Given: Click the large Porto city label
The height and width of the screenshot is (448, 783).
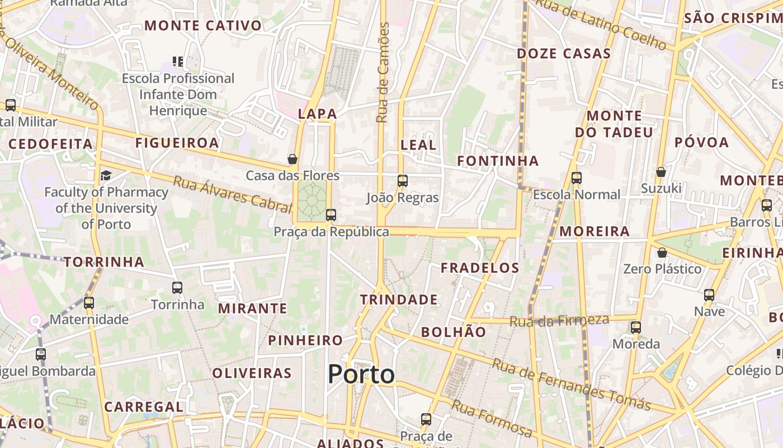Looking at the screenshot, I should [x=361, y=374].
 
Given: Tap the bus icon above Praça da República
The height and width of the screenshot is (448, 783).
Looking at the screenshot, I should [x=331, y=214].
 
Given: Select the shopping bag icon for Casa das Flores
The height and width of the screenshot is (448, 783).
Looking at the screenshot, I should [x=292, y=160].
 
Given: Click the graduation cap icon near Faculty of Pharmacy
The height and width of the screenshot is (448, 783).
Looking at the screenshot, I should [x=106, y=176].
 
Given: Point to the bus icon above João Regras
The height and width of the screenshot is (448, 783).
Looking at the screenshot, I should [x=402, y=181].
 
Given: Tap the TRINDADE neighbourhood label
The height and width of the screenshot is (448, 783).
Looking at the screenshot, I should [x=399, y=300].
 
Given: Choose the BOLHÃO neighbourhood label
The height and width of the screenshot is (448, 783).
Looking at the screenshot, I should [x=454, y=332].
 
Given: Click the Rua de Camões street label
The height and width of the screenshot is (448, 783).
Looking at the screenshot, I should [x=383, y=73].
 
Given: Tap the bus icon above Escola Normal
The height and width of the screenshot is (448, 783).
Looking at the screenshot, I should [x=577, y=178].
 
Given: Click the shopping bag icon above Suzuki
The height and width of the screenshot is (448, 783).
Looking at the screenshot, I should [x=661, y=172].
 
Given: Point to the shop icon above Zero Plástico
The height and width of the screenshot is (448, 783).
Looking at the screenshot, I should [x=662, y=253].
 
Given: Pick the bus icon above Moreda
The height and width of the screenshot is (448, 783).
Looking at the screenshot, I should [x=636, y=328].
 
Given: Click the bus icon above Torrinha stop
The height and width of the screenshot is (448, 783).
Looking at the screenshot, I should [x=177, y=288].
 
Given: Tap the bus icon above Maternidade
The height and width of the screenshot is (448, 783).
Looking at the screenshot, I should [x=89, y=304].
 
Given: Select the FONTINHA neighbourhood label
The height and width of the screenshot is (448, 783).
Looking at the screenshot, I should [x=498, y=161].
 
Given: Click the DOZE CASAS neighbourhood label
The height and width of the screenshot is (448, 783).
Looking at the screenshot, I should [x=563, y=54].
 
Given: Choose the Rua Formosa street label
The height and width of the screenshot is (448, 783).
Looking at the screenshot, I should [x=492, y=419].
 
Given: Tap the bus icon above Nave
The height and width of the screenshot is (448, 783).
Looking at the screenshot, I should [x=709, y=295].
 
